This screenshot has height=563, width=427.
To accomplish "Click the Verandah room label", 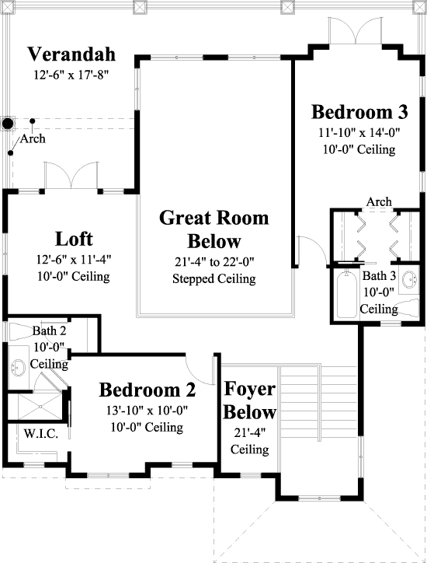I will pyautogui.click(x=71, y=54).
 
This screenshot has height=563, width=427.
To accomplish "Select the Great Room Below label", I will pyautogui.click(x=213, y=229).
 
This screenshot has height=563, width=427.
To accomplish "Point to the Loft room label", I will pyautogui.click(x=75, y=238).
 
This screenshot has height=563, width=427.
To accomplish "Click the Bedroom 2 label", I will pyautogui.click(x=147, y=388).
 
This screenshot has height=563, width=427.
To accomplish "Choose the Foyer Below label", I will pyautogui.click(x=249, y=400).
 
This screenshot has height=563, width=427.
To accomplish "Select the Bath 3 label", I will pyautogui.click(x=380, y=276).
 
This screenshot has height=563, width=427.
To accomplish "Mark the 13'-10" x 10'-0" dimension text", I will pyautogui.click(x=147, y=410).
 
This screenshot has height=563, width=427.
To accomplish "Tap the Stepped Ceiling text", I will pyautogui.click(x=213, y=278).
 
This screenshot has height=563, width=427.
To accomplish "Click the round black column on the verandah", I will pyautogui.click(x=9, y=123).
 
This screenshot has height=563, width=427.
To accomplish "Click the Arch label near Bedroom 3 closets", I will pyautogui.click(x=379, y=202).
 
